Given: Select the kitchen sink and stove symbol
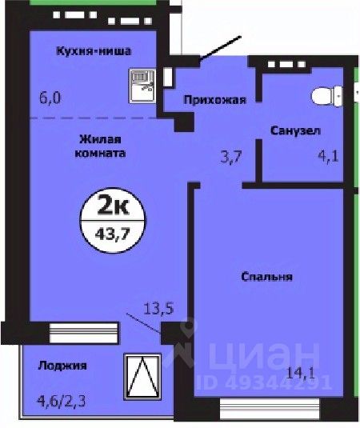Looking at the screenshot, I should [142, 83].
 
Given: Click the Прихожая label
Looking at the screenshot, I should [214, 100].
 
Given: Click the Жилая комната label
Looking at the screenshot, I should [101, 144].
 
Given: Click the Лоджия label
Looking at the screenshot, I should [62, 366].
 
